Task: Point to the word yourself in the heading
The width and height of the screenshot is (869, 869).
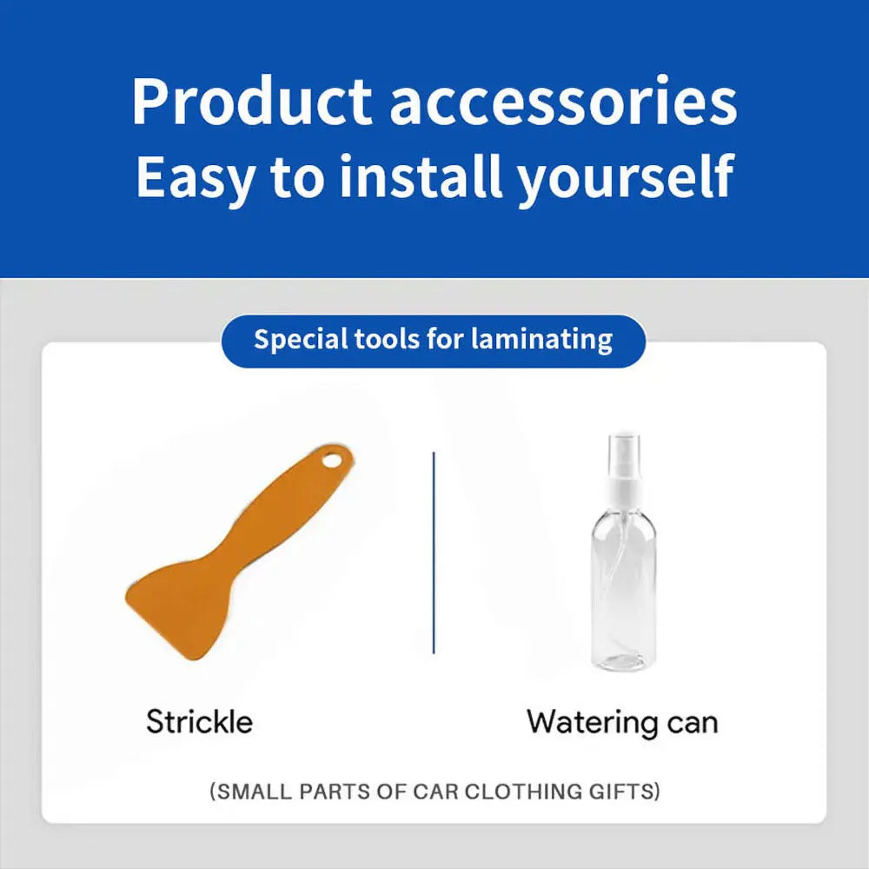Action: [x=625, y=176]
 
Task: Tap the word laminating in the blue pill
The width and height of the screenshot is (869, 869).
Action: [x=542, y=339]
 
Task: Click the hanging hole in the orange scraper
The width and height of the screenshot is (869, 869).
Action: [x=333, y=460]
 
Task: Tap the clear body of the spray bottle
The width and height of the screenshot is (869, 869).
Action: [x=625, y=593]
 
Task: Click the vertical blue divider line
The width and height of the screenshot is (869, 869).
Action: [x=434, y=553]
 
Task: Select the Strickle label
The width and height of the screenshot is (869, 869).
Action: [x=200, y=721]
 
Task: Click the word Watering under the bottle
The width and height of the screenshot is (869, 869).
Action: [x=592, y=723]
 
